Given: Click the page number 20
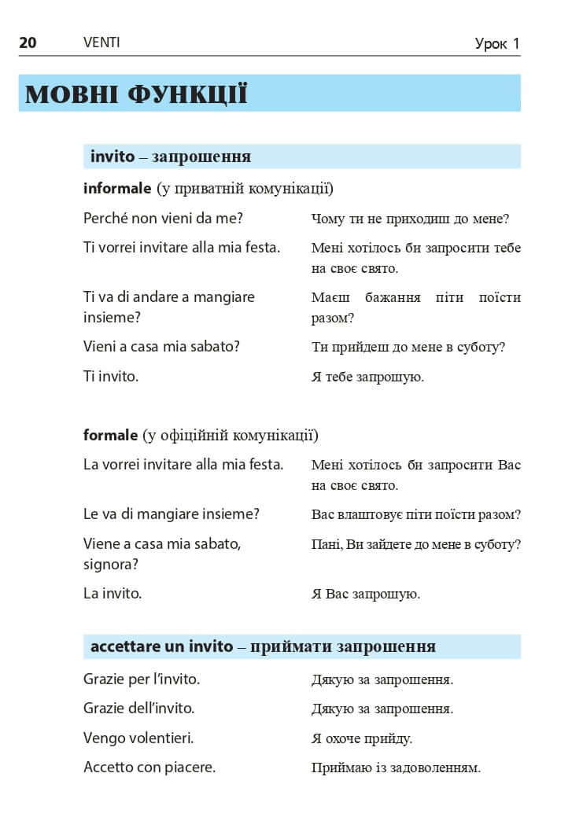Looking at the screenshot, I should click(x=28, y=42).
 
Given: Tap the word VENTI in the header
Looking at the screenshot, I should click(x=101, y=42).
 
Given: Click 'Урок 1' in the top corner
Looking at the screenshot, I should click(x=497, y=44).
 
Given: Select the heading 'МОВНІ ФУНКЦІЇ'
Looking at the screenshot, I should click(x=136, y=94).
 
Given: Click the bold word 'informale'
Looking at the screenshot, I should click(x=117, y=189).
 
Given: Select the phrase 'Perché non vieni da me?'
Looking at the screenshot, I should click(x=163, y=218).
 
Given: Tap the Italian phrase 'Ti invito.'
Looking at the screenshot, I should click(x=111, y=376).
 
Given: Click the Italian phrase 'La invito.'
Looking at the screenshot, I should click(x=113, y=593).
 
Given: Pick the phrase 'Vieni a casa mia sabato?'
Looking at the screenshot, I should click(x=161, y=346).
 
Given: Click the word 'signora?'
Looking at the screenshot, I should click(x=111, y=564).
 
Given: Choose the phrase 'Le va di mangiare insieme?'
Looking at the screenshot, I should click(x=172, y=514).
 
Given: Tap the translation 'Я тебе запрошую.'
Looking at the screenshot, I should click(x=367, y=377).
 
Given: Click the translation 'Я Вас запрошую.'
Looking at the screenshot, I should click(x=366, y=594).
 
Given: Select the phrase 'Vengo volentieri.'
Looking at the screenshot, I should click(x=138, y=738).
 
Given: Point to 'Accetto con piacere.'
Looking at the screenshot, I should click(x=149, y=767).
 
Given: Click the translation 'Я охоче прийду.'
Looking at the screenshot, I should click(x=362, y=738).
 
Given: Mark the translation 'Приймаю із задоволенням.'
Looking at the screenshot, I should click(x=396, y=768).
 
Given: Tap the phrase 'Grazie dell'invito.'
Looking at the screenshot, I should click(x=138, y=708).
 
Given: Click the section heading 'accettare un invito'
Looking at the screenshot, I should click(x=162, y=646).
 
